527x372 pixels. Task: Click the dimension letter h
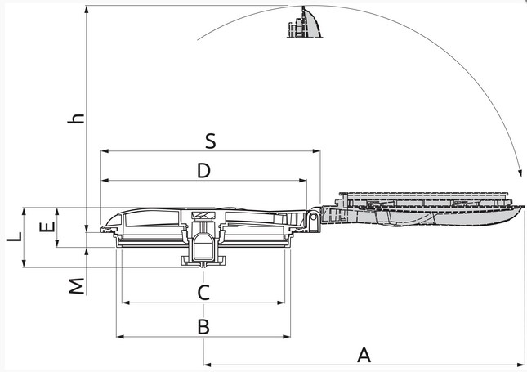(76, 119)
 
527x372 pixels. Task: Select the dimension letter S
(211, 141)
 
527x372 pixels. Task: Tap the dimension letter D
(203, 171)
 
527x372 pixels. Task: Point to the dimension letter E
(47, 226)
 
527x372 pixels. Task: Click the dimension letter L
(15, 237)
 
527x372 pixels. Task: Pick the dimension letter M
(77, 286)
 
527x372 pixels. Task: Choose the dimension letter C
(203, 293)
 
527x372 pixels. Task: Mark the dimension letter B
(203, 326)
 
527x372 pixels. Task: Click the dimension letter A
(364, 355)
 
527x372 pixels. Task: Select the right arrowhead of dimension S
(316, 151)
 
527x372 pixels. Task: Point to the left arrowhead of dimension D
(105, 181)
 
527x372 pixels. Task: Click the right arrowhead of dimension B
(287, 336)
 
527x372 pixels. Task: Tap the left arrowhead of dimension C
(126, 303)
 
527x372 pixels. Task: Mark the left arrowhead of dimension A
(208, 365)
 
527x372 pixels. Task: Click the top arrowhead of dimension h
(87, 10)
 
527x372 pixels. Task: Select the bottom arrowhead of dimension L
(24, 264)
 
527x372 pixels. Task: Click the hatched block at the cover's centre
(203, 215)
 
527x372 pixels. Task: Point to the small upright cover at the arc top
(304, 23)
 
